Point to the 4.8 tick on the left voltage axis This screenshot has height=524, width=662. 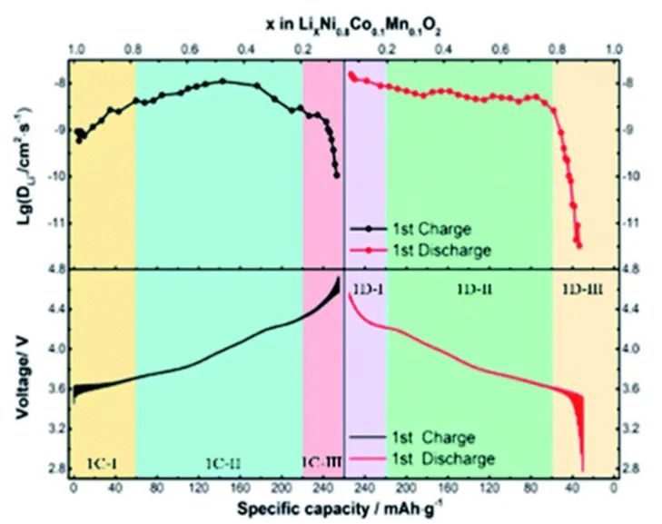[x=55, y=270]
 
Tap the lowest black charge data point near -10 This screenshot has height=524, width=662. [x=337, y=175]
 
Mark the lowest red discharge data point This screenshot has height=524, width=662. [x=578, y=244]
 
